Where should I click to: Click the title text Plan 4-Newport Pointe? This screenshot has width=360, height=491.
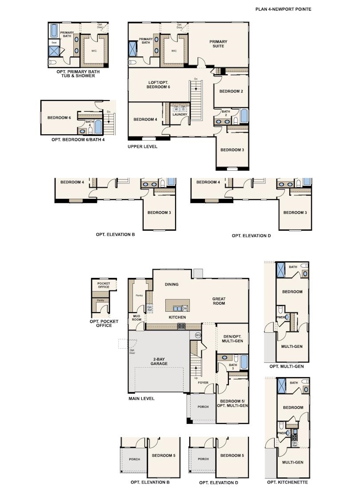(x=283, y=9)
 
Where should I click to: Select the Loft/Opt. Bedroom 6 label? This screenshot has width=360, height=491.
(x=159, y=85)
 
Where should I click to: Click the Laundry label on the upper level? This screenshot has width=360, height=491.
(x=180, y=115)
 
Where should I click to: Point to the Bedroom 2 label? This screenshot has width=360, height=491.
(x=232, y=92)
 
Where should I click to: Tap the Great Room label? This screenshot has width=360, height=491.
(x=219, y=301)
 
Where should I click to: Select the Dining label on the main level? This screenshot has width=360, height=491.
(x=172, y=284)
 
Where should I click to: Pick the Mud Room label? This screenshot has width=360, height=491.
(x=137, y=318)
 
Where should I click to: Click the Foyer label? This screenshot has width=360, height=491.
(x=203, y=382)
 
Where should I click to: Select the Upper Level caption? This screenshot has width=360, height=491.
(x=142, y=146)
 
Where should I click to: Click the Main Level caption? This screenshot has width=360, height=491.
(x=141, y=399)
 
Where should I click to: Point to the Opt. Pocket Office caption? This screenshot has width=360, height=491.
(x=101, y=323)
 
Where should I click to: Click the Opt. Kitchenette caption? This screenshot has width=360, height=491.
(x=287, y=482)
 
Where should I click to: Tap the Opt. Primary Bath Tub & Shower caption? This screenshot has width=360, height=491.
(x=78, y=73)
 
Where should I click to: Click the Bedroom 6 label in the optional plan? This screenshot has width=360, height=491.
(x=60, y=117)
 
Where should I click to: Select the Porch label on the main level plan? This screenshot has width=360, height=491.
(x=203, y=406)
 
